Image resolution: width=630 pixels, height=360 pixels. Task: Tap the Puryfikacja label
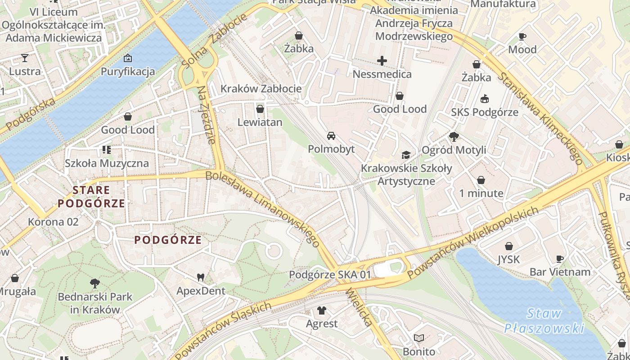128,72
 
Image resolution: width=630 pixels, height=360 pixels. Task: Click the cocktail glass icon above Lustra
25,58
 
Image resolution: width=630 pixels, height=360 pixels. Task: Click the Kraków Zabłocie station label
261,89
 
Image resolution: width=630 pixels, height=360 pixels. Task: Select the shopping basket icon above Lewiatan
260,108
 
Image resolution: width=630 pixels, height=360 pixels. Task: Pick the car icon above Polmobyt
331,135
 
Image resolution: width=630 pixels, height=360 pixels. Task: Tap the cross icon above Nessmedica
382,60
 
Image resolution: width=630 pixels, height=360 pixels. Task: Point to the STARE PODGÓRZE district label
91,197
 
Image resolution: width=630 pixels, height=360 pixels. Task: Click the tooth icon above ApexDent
201,278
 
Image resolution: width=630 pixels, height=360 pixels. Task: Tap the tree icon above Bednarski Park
94,283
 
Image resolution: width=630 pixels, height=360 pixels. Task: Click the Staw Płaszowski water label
544,321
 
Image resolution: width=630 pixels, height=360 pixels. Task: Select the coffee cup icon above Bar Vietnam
560,259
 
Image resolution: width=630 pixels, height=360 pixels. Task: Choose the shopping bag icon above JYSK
509,246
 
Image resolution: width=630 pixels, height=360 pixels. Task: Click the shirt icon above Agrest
322,310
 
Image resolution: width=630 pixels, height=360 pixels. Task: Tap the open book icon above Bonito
419,338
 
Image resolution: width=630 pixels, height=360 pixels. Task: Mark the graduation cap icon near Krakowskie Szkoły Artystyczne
406,155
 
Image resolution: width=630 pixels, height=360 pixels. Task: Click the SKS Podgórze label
485,112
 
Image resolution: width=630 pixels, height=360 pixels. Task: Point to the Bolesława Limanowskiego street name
263,208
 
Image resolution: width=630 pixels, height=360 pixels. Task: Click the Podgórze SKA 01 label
330,274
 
